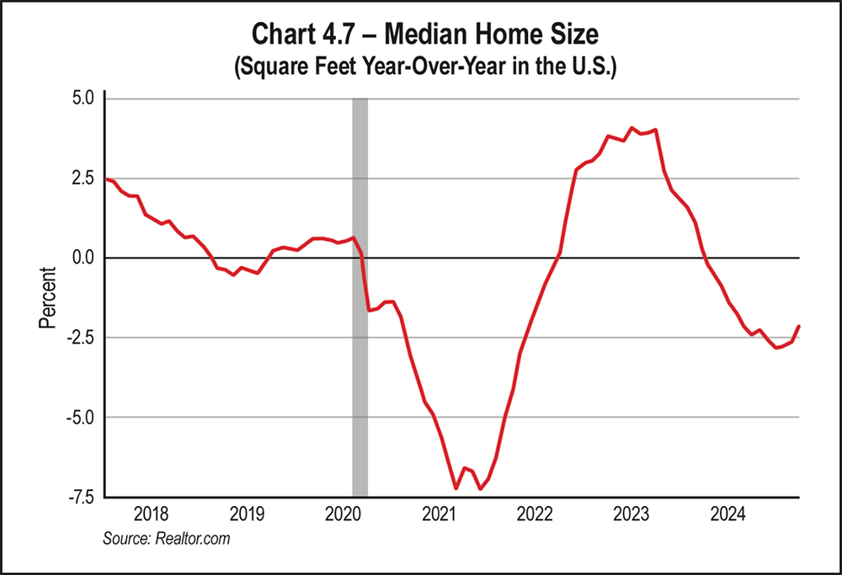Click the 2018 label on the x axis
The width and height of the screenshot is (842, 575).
pos(152,513)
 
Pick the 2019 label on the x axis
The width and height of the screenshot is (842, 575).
pos(248,513)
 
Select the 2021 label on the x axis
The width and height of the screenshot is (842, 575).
pos(439,513)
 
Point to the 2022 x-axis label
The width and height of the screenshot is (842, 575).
pos(535,513)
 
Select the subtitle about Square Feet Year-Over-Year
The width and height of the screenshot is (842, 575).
pos(421,68)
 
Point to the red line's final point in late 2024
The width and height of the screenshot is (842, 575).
pos(799,326)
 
